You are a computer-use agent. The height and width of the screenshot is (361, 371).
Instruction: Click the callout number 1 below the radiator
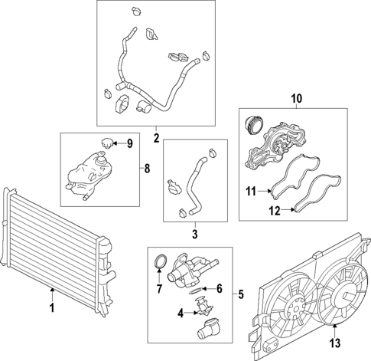pyautogui.click(x=51, y=308)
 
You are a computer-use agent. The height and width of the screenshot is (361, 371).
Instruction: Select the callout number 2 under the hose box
pyautogui.click(x=156, y=139)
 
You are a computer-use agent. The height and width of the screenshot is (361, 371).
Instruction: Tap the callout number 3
pyautogui.click(x=194, y=234)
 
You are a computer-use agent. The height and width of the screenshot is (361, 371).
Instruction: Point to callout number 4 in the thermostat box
pyautogui.click(x=181, y=313)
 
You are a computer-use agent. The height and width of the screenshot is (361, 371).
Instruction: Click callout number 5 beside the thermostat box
pyautogui.click(x=241, y=294)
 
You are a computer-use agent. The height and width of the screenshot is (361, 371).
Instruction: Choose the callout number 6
pyautogui.click(x=219, y=288)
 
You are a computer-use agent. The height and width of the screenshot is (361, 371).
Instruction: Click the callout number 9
pyautogui.click(x=129, y=143)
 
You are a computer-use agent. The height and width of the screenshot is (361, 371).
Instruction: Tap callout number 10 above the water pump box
pyautogui.click(x=296, y=98)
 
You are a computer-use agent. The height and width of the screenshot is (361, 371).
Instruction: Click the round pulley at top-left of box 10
pyautogui.click(x=253, y=124)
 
